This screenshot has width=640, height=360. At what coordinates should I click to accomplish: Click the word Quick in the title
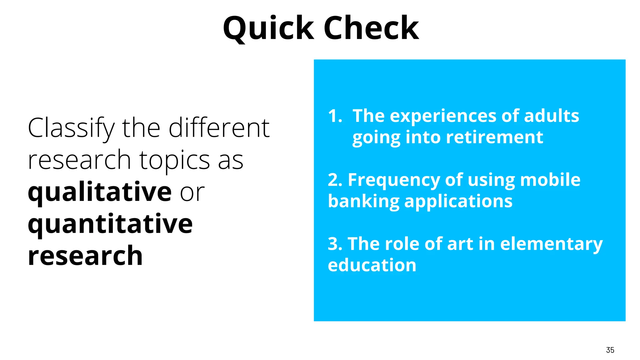pyautogui.click(x=268, y=29)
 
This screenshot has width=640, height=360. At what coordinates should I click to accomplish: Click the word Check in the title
pyautogui.click(x=371, y=29)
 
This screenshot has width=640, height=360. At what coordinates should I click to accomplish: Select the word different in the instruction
pyautogui.click(x=219, y=128)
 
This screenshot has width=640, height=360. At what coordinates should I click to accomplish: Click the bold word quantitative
pyautogui.click(x=110, y=224)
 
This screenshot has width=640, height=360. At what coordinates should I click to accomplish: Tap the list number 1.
pyautogui.click(x=334, y=116)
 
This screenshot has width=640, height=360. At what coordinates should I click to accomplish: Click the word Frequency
pyautogui.click(x=394, y=181)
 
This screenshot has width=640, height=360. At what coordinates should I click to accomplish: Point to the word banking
pyautogui.click(x=363, y=202)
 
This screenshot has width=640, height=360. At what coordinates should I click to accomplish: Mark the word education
pyautogui.click(x=372, y=265)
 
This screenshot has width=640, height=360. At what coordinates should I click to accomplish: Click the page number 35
pyautogui.click(x=610, y=350)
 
